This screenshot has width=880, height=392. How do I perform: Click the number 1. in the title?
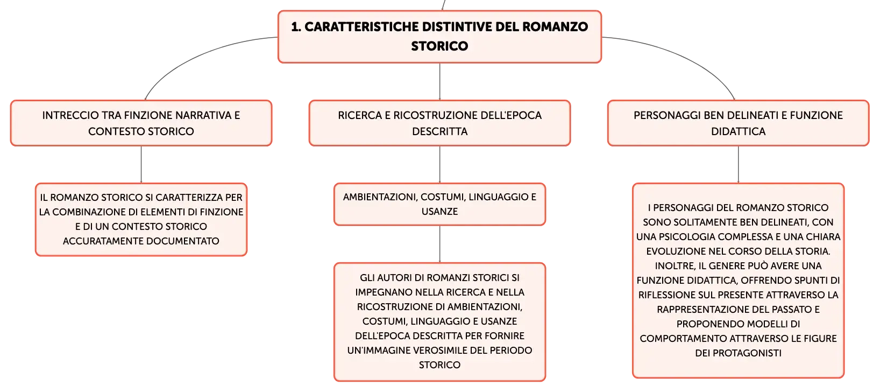(296, 27)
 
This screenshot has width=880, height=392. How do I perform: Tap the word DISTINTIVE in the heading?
(457, 27)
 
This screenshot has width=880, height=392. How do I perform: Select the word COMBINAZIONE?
(86, 212)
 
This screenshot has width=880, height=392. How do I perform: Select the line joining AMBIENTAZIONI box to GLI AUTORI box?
(439, 244)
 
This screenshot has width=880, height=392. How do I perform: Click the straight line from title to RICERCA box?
(439, 81)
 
